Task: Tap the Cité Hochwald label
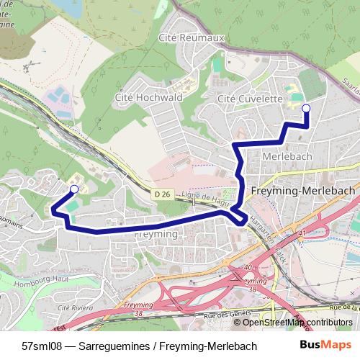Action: click(x=145, y=96)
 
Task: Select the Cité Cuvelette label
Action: click(x=250, y=99)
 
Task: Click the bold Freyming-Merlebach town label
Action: click(x=304, y=191)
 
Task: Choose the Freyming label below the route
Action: click(x=156, y=235)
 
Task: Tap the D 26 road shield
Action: click(x=161, y=194)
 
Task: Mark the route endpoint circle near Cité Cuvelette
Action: click(x=306, y=108)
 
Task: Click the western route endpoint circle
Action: click(x=74, y=189)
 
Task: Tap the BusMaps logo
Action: click(x=325, y=346)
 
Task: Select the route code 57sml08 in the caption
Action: click(x=42, y=346)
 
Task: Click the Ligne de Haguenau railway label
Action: click(x=209, y=198)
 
